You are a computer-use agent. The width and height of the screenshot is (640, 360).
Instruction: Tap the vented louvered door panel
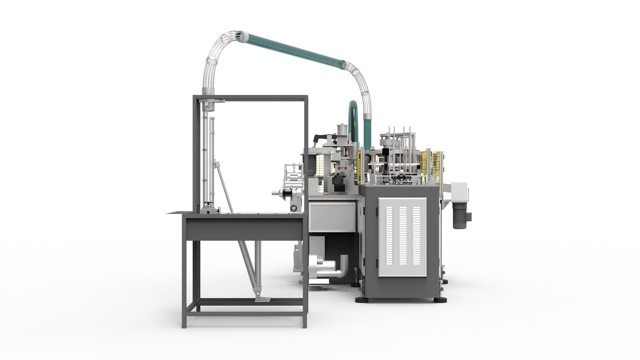pyautogui.click(x=402, y=236)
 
